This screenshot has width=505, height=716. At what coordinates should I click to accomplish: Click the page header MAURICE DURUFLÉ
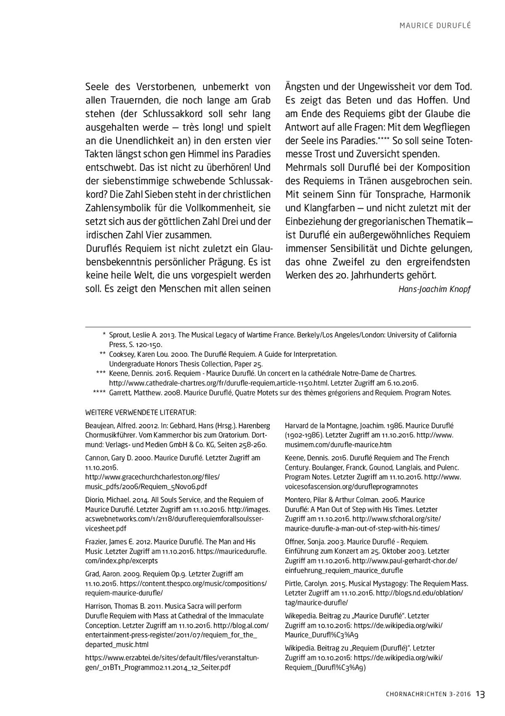[x=435, y=26]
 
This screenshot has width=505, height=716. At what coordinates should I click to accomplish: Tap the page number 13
[x=481, y=695]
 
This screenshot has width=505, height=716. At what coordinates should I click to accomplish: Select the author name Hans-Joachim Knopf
[x=434, y=289]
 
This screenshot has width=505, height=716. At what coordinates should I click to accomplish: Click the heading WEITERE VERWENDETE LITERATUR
[x=141, y=412]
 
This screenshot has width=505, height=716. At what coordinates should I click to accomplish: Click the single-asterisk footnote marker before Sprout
[x=104, y=335]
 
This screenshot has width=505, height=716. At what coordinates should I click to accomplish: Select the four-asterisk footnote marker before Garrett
[x=99, y=393]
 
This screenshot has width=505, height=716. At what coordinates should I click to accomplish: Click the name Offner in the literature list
[x=296, y=542]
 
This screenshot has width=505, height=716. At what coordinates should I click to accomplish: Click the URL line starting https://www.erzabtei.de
[x=172, y=658]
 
